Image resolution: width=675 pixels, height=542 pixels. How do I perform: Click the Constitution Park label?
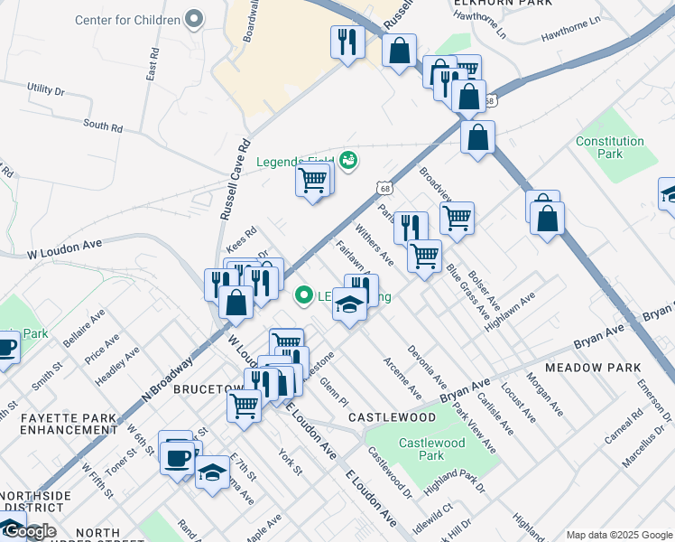pos(610,147)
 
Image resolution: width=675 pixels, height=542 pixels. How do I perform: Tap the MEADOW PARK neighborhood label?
pos(593,368)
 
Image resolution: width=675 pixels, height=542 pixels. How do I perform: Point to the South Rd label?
pos(102,126)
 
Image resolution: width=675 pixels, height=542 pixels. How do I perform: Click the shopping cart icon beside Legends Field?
pos(312,181)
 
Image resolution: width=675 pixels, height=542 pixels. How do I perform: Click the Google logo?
pos(29,532)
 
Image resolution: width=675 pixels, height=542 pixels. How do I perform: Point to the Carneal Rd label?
pos(624,426)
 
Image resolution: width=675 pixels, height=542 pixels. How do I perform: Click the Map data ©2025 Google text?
pos(619,535)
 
